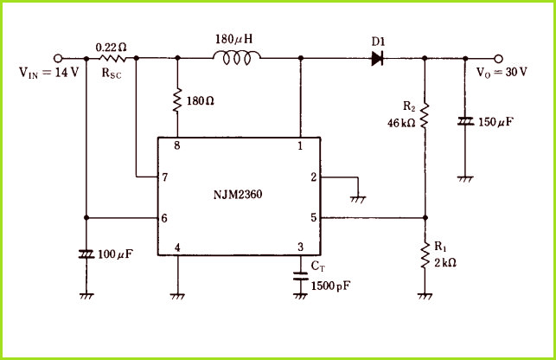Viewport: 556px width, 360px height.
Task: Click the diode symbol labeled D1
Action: tap(377, 59)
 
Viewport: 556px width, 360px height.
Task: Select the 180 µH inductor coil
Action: tap(237, 57)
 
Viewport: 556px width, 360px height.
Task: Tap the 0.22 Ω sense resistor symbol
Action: tap(112, 58)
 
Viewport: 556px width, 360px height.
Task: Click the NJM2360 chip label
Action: tap(238, 195)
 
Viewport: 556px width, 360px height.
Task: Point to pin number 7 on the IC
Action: tap(164, 177)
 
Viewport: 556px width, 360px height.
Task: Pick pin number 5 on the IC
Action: tap(314, 217)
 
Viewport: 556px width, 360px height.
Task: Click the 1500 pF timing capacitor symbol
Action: tap(301, 276)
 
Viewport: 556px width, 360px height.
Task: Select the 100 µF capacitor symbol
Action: tap(86, 254)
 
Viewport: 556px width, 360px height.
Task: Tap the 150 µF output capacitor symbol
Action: tap(465, 122)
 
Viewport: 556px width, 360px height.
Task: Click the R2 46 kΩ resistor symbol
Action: tap(425, 116)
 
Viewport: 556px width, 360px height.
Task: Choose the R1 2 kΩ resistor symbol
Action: tap(425, 255)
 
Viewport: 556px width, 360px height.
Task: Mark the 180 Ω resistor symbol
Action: tap(177, 100)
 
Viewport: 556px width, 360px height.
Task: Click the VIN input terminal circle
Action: tap(58, 58)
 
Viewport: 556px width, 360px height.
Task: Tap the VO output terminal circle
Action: tap(499, 59)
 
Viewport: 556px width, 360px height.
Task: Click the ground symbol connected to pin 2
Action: tap(358, 200)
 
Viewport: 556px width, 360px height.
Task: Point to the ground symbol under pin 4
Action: tap(177, 296)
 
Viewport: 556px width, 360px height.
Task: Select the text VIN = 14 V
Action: tap(49, 73)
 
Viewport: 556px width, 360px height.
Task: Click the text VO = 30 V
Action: tap(502, 73)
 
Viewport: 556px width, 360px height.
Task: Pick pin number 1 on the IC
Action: tap(300, 145)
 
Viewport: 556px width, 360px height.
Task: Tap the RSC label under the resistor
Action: tap(112, 73)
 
